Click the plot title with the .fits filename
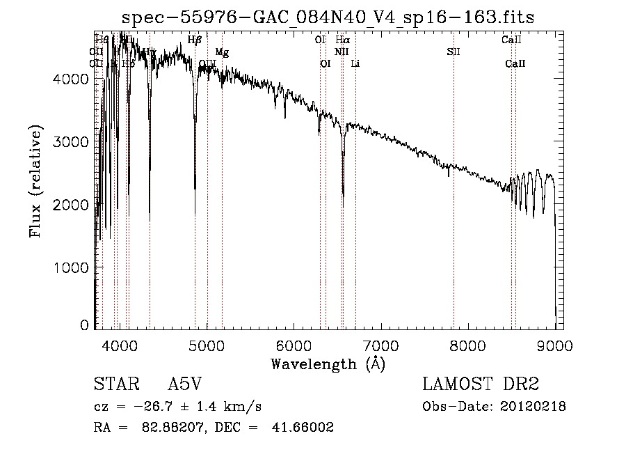tap(328, 17)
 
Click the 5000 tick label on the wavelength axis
tap(207, 345)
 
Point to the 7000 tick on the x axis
tap(380, 345)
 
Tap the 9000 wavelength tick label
tap(554, 345)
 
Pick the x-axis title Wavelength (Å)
tap(328, 364)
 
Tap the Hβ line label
tap(195, 40)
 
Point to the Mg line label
tap(222, 52)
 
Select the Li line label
tap(355, 64)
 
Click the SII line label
tap(454, 52)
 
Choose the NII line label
tap(341, 52)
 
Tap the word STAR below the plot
tap(113, 384)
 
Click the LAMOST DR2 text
tap(481, 384)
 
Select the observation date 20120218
tap(534, 406)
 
